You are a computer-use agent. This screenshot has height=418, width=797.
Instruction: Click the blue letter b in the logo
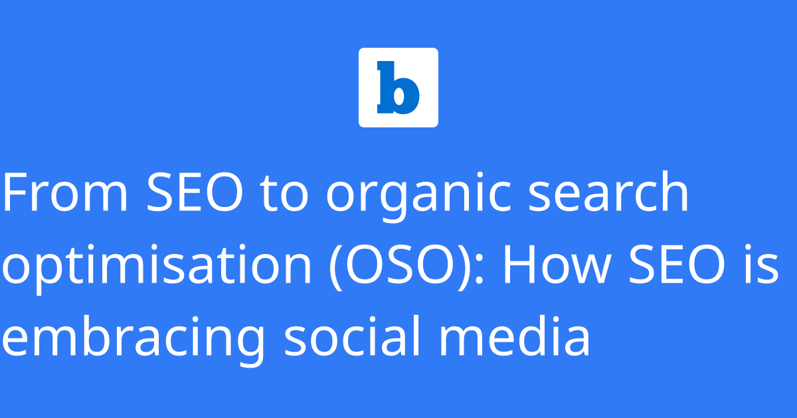point(398,88)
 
